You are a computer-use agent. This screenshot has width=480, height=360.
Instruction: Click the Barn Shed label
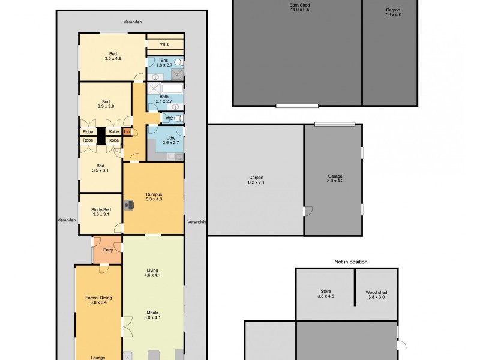tap(299, 7)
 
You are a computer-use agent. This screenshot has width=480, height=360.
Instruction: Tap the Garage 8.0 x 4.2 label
tap(335, 178)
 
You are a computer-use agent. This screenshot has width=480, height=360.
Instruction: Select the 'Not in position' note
tap(350, 262)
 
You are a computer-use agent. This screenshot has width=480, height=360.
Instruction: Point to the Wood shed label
tap(376, 295)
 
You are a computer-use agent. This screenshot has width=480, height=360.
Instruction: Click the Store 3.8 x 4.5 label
tap(325, 295)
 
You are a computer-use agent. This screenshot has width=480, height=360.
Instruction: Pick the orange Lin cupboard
tap(127, 131)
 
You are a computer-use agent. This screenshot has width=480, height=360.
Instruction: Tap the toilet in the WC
tap(178, 118)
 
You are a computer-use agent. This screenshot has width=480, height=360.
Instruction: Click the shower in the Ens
tap(176, 74)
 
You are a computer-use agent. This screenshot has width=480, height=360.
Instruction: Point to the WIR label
tap(164, 44)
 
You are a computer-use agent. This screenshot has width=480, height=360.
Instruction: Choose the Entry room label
tap(108, 250)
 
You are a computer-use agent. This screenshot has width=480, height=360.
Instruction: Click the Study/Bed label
tap(101, 211)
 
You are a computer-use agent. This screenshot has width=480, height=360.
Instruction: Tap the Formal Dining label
tap(98, 300)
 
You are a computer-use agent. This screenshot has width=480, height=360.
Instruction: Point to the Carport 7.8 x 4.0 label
tap(393, 12)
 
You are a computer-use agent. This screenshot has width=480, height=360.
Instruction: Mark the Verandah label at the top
tap(132, 22)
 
